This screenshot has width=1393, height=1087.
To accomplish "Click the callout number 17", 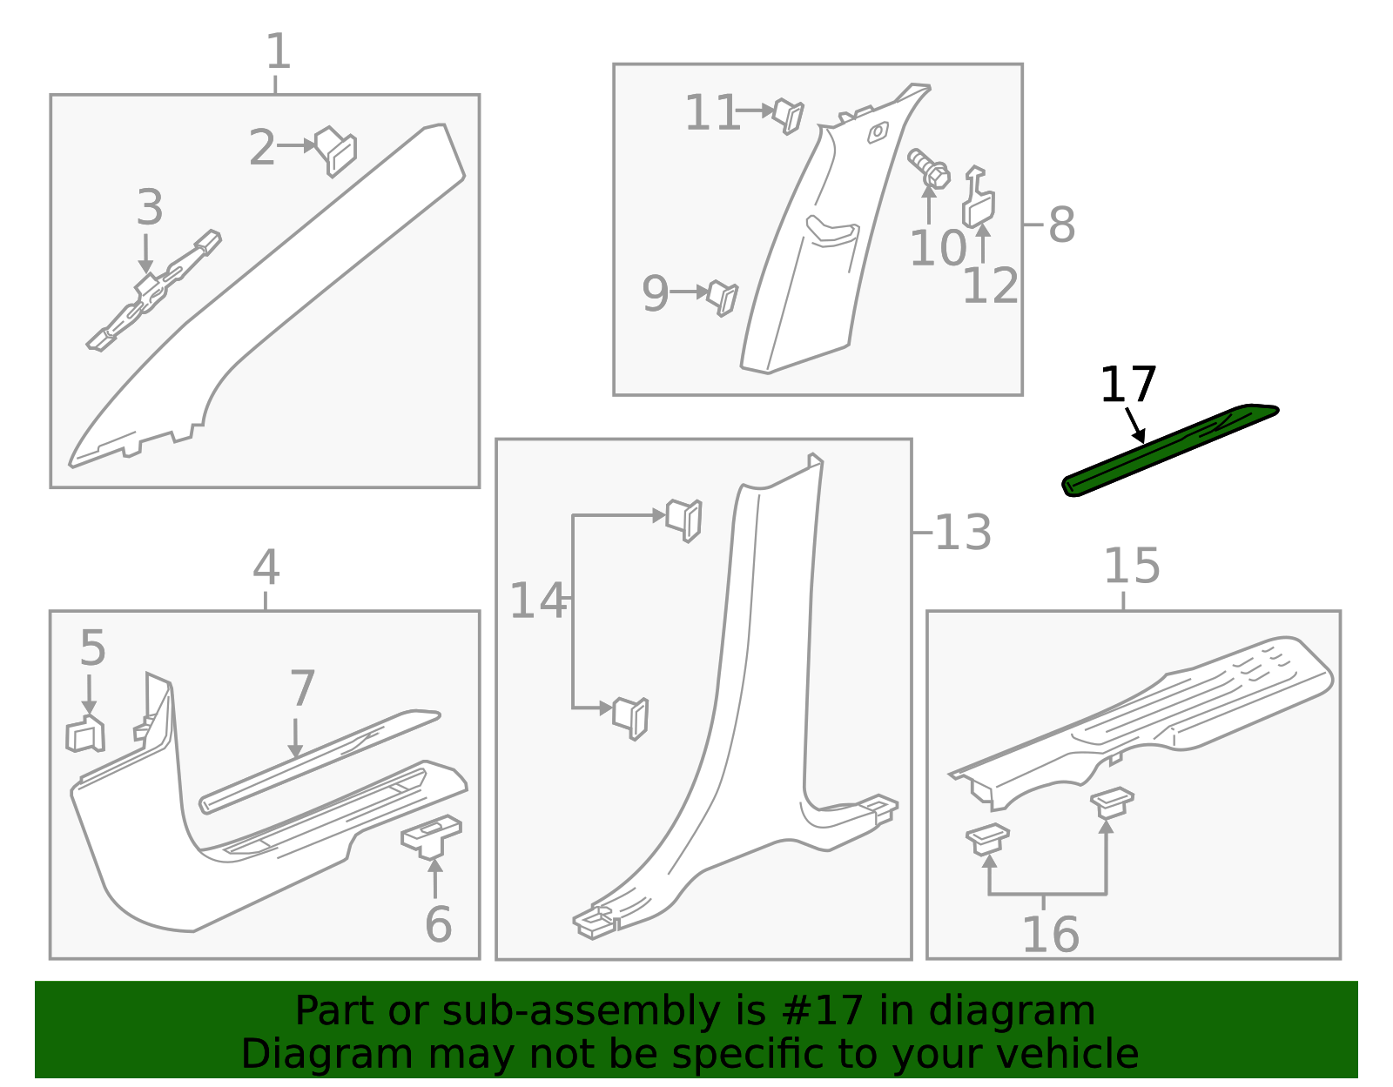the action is (1127, 385).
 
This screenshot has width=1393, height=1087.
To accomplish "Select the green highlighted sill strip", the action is (1170, 450).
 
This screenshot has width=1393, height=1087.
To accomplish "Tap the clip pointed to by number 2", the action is (335, 151).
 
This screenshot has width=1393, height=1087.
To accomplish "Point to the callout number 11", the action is (711, 113).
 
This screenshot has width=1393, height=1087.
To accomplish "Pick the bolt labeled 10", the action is (929, 169).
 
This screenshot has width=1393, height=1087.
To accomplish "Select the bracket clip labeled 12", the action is (979, 198).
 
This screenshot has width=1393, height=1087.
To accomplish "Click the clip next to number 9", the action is (723, 299).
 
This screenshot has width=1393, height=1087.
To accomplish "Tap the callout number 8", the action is (1061, 225).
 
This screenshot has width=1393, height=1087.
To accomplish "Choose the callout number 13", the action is (964, 533).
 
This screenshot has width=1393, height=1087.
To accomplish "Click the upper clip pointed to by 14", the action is (684, 520).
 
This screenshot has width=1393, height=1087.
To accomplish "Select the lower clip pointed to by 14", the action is (630, 718).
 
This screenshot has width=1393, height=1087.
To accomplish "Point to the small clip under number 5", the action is (85, 734).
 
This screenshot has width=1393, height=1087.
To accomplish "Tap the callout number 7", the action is (303, 688).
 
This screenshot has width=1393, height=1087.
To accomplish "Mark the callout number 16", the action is (1051, 935).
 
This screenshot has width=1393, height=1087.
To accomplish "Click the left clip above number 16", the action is (987, 839).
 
